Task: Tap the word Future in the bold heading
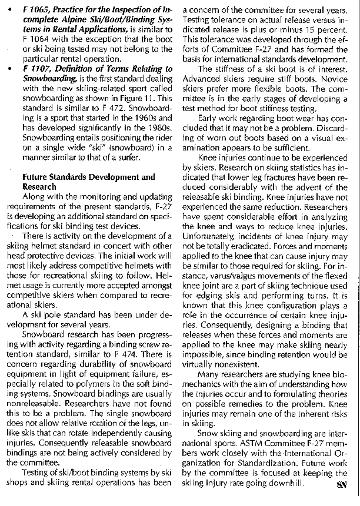click(x=36, y=177)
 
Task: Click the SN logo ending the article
click(x=342, y=484)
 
